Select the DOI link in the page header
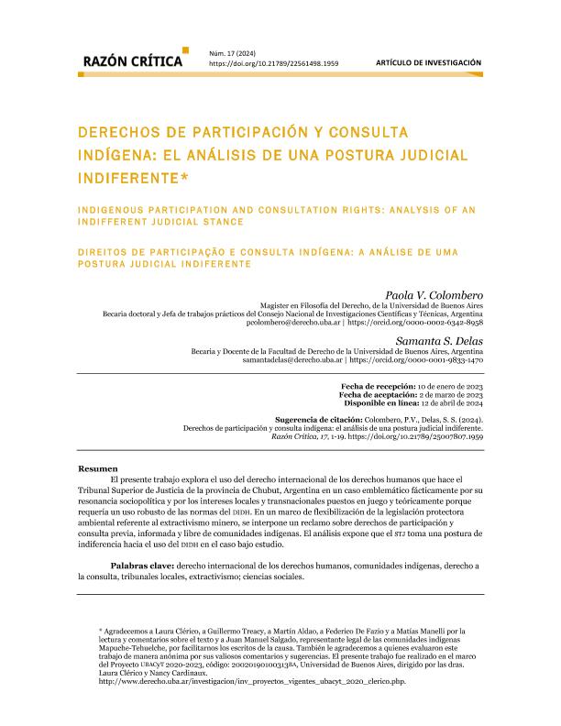(274, 65)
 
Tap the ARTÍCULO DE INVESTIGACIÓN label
(428, 62)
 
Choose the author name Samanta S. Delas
(444, 341)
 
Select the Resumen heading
(97, 468)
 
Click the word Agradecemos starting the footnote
(130, 632)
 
